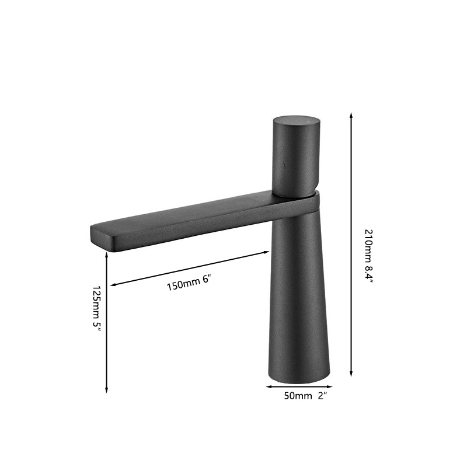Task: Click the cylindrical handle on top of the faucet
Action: click(294, 158)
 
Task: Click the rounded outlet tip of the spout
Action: click(97, 237)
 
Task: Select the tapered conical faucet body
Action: click(299, 292)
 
